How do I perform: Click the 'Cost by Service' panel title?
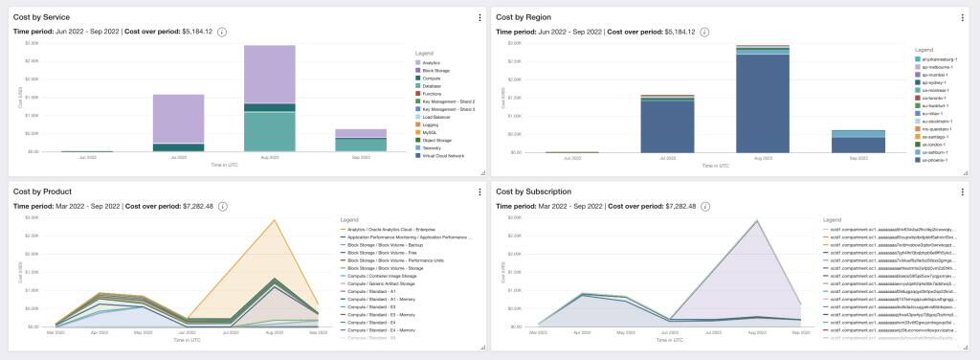pyautogui.click(x=42, y=17)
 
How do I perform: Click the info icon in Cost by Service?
pyautogui.click(x=222, y=32)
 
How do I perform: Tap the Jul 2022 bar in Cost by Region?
pyautogui.click(x=666, y=124)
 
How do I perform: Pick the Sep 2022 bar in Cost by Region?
pyautogui.click(x=831, y=142)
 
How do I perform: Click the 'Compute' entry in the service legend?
pyautogui.click(x=433, y=78)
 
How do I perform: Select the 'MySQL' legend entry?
pyautogui.click(x=431, y=131)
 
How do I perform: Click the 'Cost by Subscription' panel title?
pyautogui.click(x=534, y=191)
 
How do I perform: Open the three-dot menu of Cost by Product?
pyautogui.click(x=479, y=192)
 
